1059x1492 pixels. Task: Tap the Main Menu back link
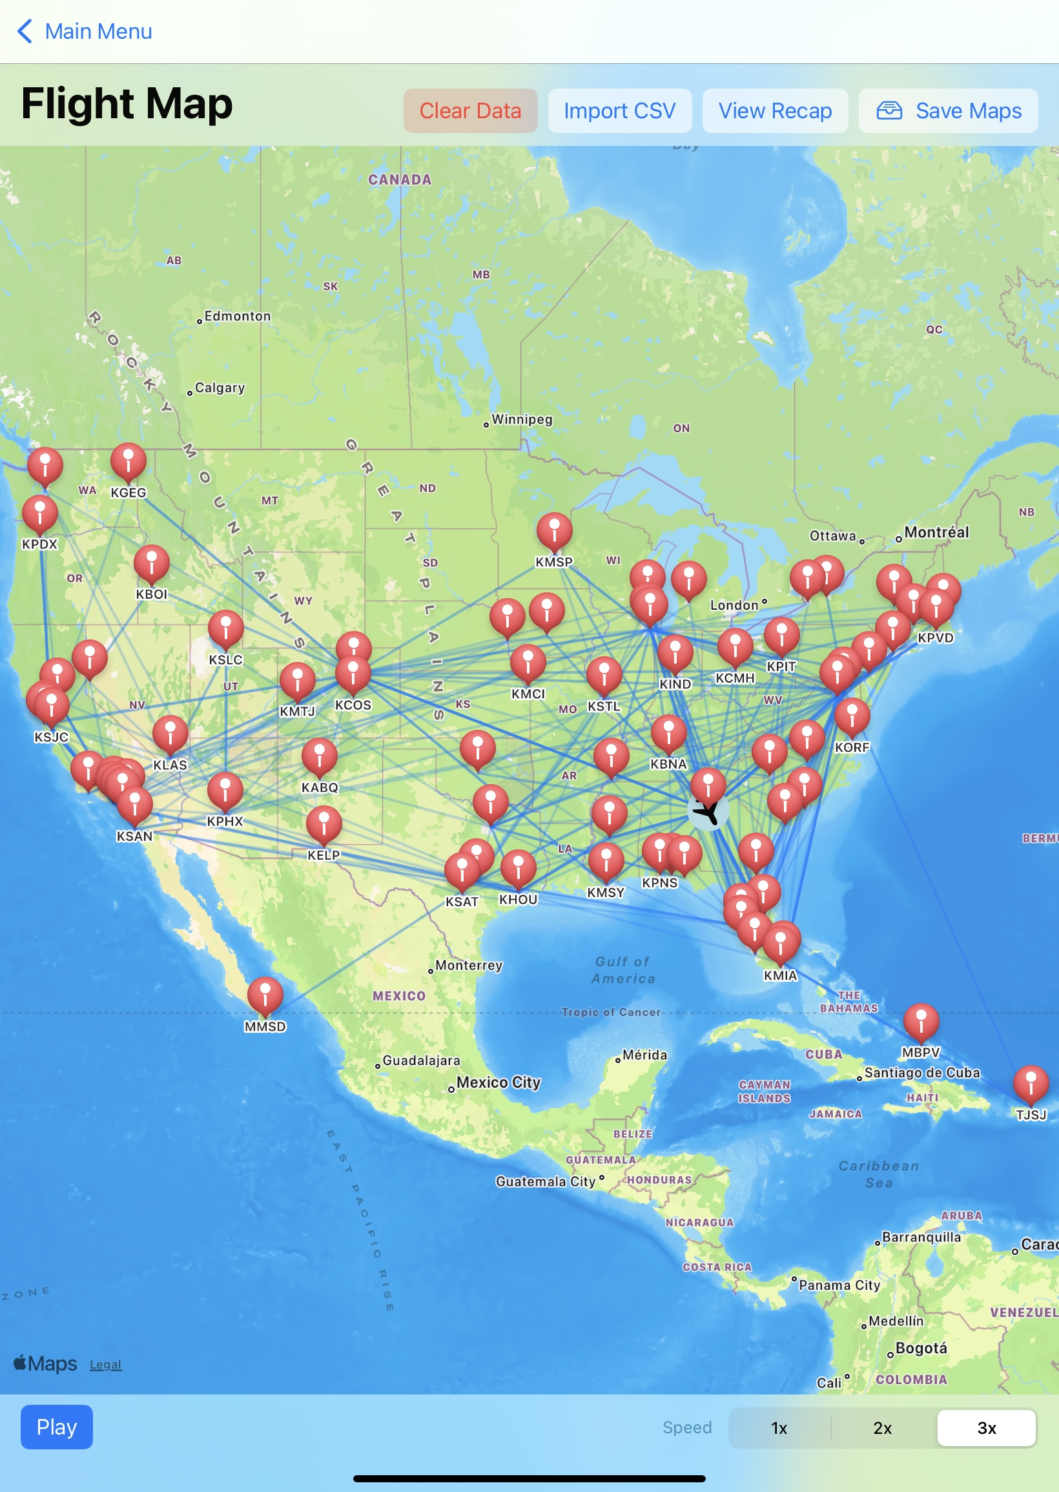(x=85, y=31)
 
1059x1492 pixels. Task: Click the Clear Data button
(x=470, y=111)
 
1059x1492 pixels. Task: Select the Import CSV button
(x=619, y=111)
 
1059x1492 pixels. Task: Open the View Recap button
(x=775, y=111)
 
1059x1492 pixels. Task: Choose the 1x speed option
(x=779, y=1427)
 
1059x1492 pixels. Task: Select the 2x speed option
(x=882, y=1427)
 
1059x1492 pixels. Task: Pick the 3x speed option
(x=986, y=1427)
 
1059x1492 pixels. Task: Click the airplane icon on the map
(x=708, y=812)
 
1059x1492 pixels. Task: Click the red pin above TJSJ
(x=1031, y=1083)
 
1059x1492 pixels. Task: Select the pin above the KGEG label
(x=129, y=461)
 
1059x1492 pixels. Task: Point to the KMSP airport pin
(x=554, y=530)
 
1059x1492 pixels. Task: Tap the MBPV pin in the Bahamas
(x=921, y=1021)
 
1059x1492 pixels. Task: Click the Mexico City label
(x=499, y=1083)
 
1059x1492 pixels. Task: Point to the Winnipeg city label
(x=522, y=419)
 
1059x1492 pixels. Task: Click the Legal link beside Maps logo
(x=106, y=1364)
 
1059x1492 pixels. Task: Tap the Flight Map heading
(x=127, y=105)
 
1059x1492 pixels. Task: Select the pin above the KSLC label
(x=225, y=628)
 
